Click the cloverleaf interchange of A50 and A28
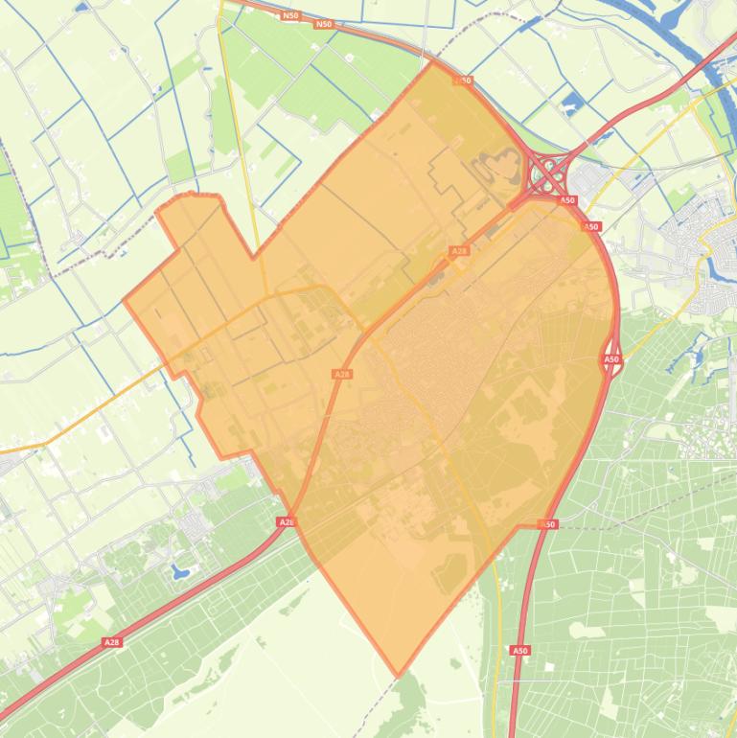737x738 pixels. point(549,175)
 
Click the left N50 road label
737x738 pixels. point(290,15)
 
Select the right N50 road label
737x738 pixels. point(324,24)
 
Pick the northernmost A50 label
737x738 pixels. point(464,81)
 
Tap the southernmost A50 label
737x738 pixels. point(519,651)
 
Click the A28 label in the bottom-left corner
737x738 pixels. point(112,642)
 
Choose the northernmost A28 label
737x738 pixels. point(459,251)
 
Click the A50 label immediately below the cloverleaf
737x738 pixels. point(567,200)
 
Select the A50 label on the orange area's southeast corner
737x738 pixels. point(548,524)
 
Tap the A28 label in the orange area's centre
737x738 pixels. point(342,374)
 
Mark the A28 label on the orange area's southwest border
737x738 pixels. point(286,521)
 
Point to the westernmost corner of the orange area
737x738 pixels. point(125,300)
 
